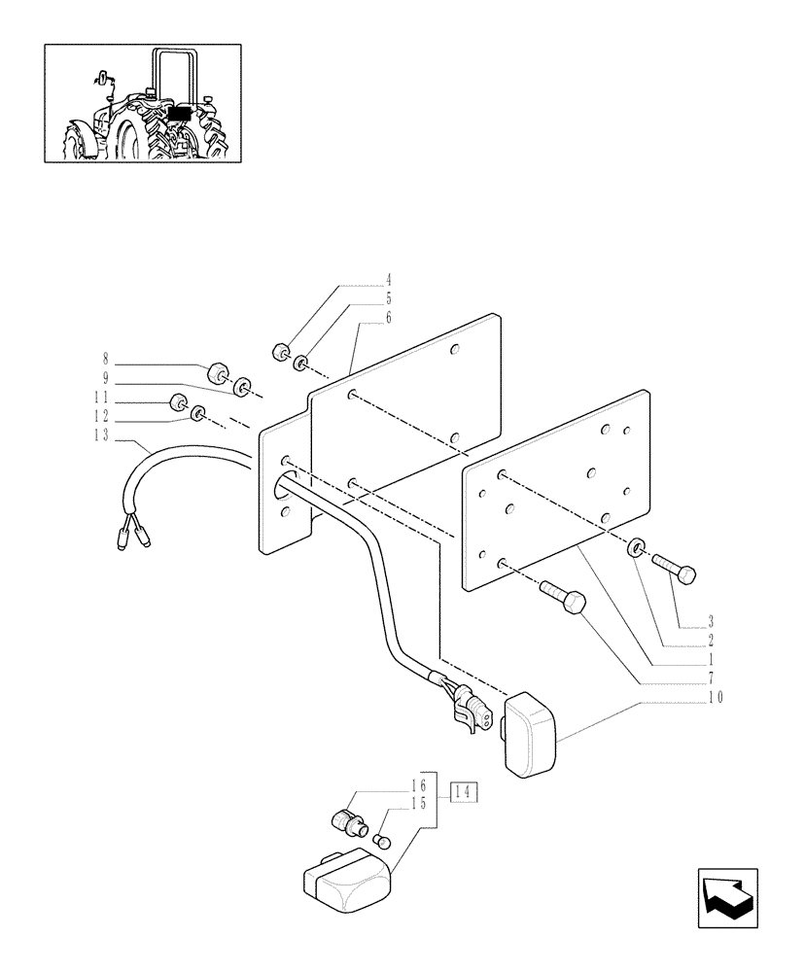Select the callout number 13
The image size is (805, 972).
pyautogui.click(x=102, y=435)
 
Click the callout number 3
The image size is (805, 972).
pyautogui.click(x=712, y=620)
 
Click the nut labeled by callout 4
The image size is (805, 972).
pyautogui.click(x=281, y=352)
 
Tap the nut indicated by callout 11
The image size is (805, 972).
pyautogui.click(x=178, y=403)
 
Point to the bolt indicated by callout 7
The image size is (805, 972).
pyautogui.click(x=562, y=595)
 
